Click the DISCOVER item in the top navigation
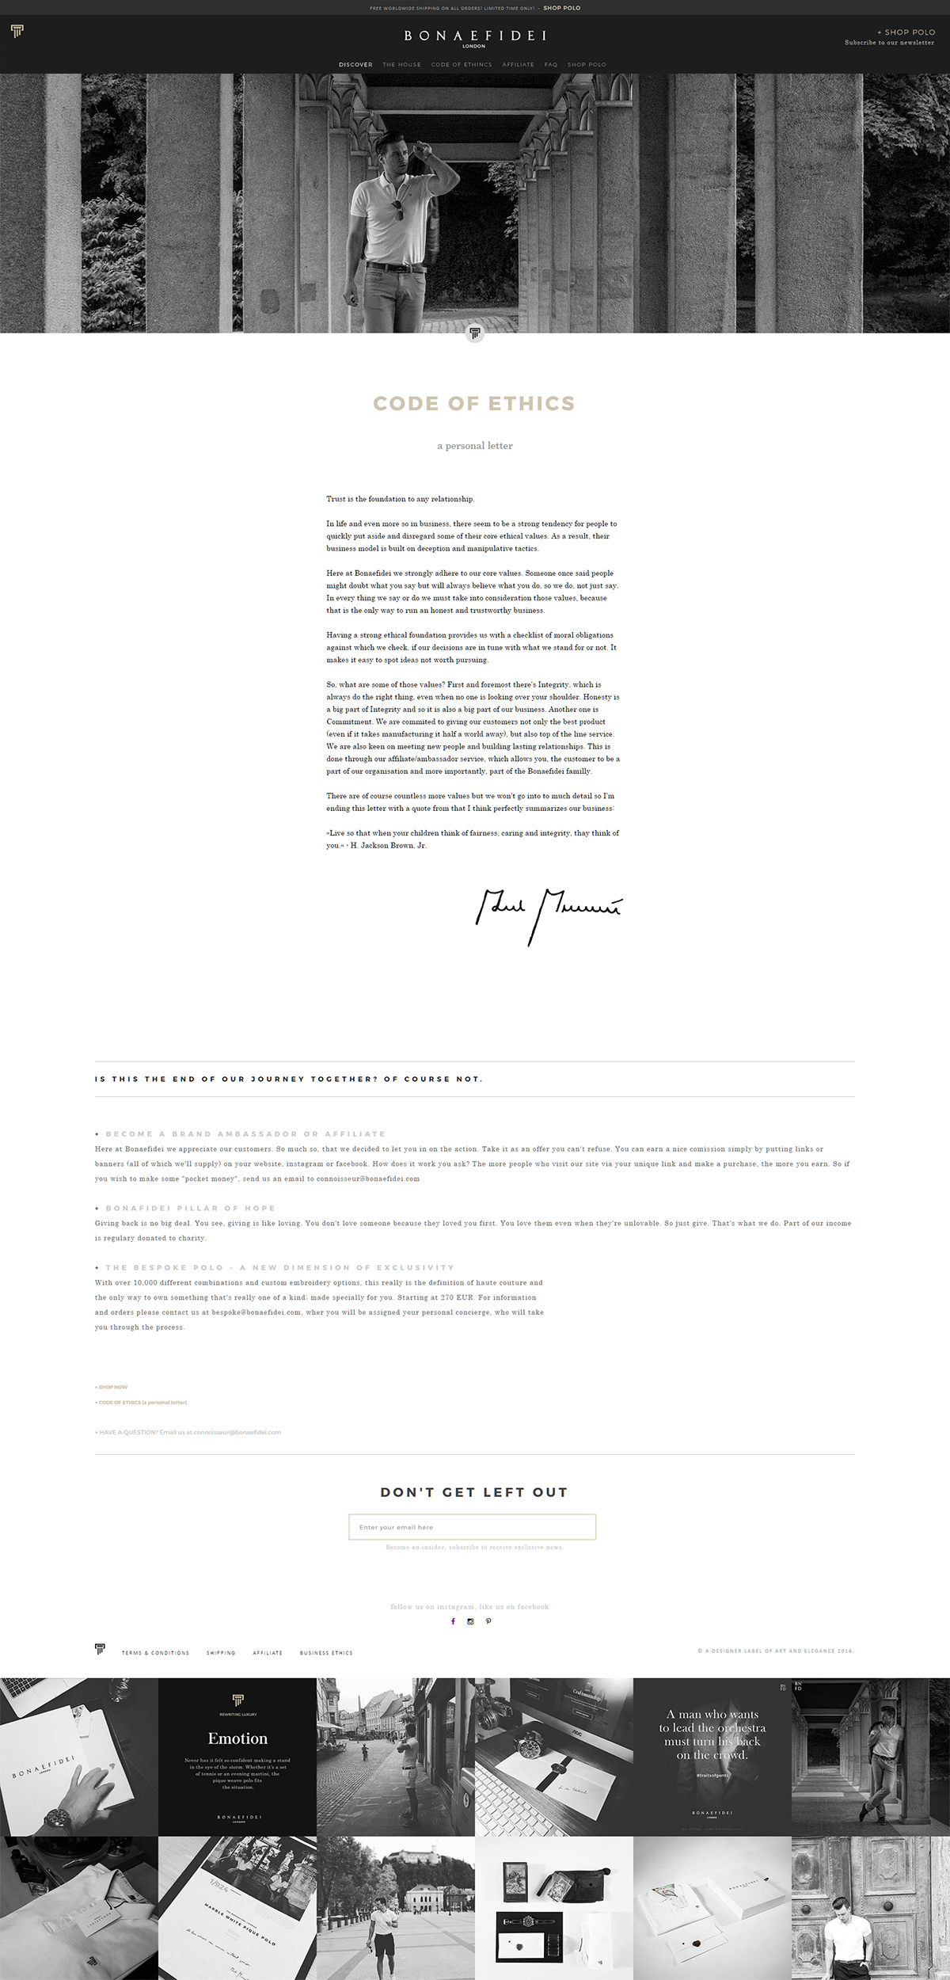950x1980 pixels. coord(355,65)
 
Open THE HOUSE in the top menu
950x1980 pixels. coord(401,65)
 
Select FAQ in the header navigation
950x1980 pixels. coord(551,65)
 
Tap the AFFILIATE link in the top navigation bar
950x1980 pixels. coord(518,65)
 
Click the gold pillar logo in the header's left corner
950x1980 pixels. coord(17,31)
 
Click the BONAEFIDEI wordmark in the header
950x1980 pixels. coord(475,36)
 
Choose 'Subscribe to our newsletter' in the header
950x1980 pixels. coord(889,43)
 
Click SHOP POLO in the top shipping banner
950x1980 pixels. coord(562,8)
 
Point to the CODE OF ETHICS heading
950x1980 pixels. coord(474,404)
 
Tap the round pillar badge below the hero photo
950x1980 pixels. coord(475,333)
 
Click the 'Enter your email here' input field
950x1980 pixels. coord(472,1527)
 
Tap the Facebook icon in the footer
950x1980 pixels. coord(454,1621)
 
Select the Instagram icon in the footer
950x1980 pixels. coord(470,1621)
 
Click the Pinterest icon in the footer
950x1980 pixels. coord(488,1621)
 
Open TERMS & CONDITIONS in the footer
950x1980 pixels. coord(155,1653)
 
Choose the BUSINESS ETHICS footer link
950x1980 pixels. coord(326,1653)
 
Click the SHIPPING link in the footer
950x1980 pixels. coord(221,1653)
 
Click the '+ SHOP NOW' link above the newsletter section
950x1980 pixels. coord(111,1388)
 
